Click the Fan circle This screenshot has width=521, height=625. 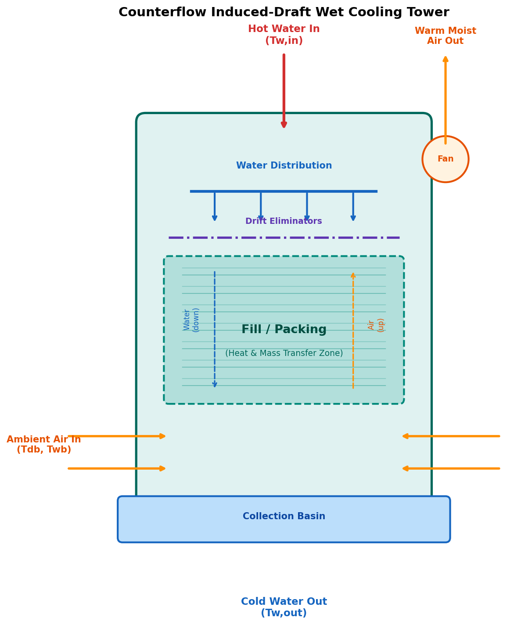point(445,159)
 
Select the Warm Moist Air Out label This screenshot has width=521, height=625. point(445,36)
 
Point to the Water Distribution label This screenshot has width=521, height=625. point(284,166)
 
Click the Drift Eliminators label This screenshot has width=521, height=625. point(284,221)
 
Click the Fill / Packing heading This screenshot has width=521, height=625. point(284,330)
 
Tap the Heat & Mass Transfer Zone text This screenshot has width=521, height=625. point(284,353)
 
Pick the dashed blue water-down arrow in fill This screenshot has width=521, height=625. point(215,329)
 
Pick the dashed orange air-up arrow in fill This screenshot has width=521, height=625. point(353,329)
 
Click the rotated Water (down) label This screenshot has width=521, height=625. point(191,320)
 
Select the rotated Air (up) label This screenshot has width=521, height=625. point(376,325)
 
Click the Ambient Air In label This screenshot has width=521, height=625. point(44,445)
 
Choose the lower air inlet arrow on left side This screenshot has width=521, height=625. point(117,468)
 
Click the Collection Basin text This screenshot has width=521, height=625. point(284,517)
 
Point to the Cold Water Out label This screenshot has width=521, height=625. point(284,607)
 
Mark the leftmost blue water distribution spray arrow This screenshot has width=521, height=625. point(215,206)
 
